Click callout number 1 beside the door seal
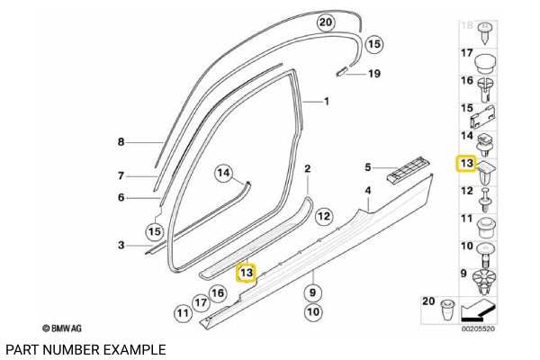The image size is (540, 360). (x=327, y=103)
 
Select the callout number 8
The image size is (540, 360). (x=121, y=142)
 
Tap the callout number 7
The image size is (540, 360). (x=121, y=176)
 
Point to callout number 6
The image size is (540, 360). (x=121, y=198)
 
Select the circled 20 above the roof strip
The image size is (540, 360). (x=326, y=21)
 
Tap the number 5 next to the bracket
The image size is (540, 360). (x=367, y=166)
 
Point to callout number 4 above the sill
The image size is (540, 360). (x=367, y=191)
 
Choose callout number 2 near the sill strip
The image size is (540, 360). (x=307, y=168)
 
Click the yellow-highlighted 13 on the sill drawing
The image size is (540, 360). (x=246, y=271)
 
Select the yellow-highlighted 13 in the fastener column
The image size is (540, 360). (x=466, y=163)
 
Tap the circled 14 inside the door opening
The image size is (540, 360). (x=224, y=173)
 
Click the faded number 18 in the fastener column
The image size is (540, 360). (x=466, y=25)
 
